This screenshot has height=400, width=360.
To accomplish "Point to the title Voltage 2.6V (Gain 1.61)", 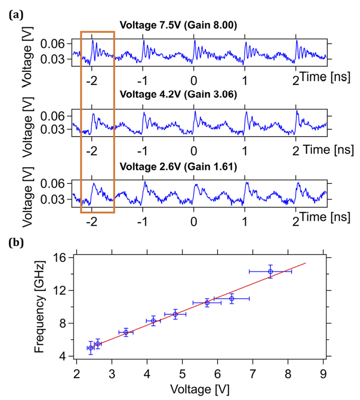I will pyautogui.click(x=178, y=167).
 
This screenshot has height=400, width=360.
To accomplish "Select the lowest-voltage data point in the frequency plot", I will pyautogui.click(x=91, y=348).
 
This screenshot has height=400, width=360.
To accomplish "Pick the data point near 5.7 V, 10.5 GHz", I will pyautogui.click(x=207, y=302).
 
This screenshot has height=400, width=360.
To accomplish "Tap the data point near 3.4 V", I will pyautogui.click(x=126, y=332).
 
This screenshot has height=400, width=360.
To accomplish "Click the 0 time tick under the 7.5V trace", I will pyautogui.click(x=194, y=80).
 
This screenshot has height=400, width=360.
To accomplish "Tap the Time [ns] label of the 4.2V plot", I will pyautogui.click(x=326, y=150).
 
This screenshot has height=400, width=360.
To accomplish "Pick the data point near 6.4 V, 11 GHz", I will pyautogui.click(x=232, y=298).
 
